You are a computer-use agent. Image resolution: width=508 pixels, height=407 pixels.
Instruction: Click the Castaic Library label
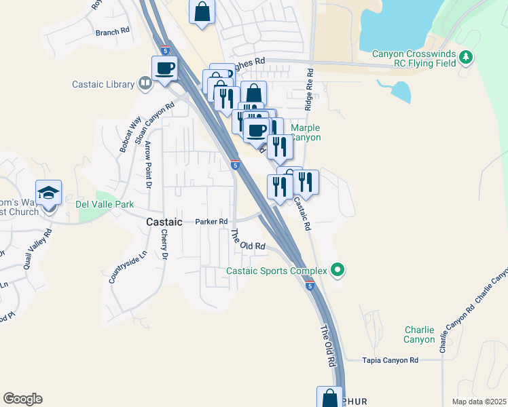coord(103,84)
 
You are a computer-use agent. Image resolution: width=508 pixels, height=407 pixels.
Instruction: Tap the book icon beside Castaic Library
coord(144,84)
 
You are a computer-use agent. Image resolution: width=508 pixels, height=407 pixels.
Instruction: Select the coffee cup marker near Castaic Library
coord(164,69)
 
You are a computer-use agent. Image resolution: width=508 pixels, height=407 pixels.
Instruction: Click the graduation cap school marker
coord(48,194)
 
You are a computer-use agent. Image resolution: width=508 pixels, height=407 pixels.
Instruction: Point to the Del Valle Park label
coord(105,204)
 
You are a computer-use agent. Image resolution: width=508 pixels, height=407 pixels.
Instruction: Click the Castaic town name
coord(164,222)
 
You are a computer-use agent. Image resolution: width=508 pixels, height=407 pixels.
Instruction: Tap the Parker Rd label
coord(211,221)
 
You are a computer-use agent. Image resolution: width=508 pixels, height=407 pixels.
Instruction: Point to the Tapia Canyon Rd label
coord(390,360)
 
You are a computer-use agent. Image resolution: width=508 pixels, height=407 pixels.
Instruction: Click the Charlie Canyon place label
coord(418,334)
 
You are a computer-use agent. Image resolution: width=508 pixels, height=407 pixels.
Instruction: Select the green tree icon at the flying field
coord(466,59)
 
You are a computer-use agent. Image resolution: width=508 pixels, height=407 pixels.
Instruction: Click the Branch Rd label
coord(112,32)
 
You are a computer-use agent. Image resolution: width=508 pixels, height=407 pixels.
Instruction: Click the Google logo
coord(22,399)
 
